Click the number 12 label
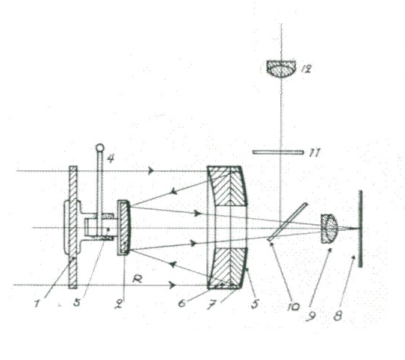click(306, 69)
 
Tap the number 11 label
click(315, 153)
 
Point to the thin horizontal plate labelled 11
click(278, 152)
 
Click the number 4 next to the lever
click(111, 158)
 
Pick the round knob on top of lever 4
click(99, 148)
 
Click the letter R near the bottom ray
click(138, 279)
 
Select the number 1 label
click(37, 304)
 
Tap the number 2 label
click(119, 305)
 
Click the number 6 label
click(182, 303)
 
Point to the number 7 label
click(211, 305)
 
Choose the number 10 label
click(293, 306)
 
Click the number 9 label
click(310, 316)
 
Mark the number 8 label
click(338, 316)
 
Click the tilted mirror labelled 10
click(288, 223)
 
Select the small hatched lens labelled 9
click(329, 229)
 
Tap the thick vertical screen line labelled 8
click(360, 229)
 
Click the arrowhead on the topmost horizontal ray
click(151, 171)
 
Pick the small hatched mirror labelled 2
click(124, 228)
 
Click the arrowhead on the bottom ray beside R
click(173, 285)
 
